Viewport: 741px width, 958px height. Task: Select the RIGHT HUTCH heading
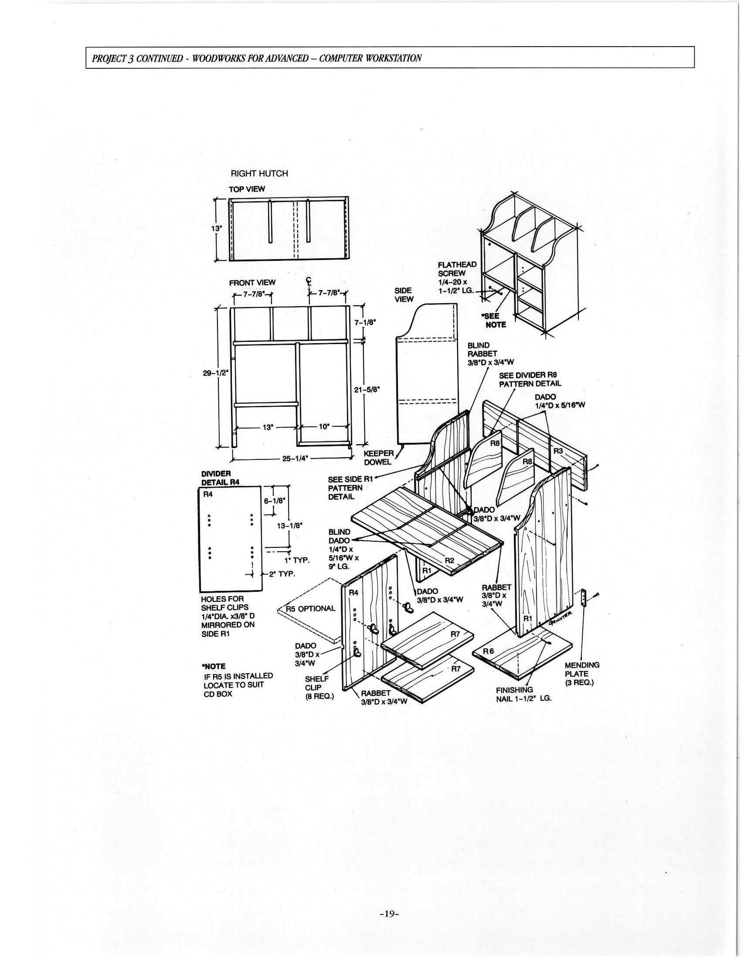coord(259,173)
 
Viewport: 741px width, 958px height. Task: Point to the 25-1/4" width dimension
coord(295,459)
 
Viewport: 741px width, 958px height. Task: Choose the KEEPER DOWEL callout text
coord(378,458)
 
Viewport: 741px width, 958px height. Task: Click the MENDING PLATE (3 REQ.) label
coord(581,674)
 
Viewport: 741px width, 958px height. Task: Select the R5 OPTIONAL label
coord(310,608)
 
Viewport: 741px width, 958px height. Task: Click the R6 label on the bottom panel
coord(488,651)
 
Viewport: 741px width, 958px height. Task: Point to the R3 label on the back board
coord(558,451)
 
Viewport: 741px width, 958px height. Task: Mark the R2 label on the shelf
coord(449,560)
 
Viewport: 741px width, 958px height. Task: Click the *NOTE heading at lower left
coord(214,666)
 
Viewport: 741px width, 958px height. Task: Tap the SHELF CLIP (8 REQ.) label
coord(319,687)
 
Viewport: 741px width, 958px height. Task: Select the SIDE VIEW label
coord(404,295)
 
